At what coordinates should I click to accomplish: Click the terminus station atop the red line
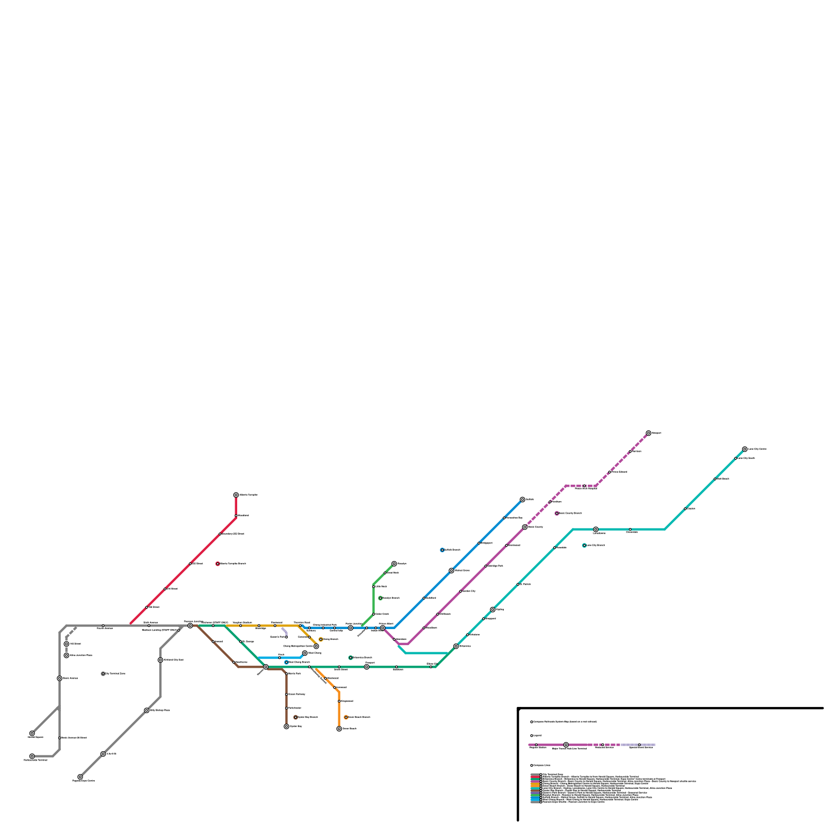(236, 495)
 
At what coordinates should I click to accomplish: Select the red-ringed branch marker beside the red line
(218, 564)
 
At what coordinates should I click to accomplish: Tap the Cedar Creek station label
(382, 614)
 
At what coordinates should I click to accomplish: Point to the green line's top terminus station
(394, 564)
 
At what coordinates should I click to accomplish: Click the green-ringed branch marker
(381, 598)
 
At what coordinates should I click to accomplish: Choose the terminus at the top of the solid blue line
(522, 499)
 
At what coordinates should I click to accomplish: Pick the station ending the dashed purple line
(649, 433)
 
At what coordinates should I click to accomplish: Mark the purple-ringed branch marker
(557, 513)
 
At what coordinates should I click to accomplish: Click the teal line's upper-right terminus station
(745, 449)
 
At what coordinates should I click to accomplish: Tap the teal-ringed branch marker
(584, 545)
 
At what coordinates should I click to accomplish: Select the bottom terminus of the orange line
(339, 729)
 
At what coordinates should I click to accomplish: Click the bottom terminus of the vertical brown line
(286, 727)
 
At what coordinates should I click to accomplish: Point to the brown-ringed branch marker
(295, 717)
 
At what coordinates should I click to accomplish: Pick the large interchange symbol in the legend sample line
(566, 745)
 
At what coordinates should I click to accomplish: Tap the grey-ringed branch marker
(103, 673)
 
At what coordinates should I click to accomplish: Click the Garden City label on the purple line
(469, 591)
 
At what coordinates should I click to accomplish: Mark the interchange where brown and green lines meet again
(266, 667)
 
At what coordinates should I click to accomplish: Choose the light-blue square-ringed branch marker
(287, 662)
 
